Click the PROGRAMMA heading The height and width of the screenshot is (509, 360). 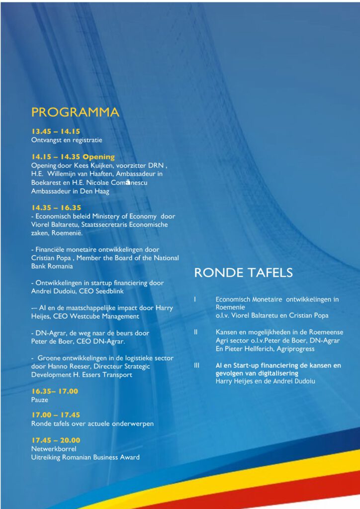(x=75, y=112)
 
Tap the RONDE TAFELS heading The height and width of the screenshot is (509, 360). (x=243, y=273)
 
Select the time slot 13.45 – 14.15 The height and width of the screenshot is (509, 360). (x=56, y=132)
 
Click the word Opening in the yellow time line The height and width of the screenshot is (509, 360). (x=98, y=157)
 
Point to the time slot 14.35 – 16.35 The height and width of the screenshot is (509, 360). (x=56, y=208)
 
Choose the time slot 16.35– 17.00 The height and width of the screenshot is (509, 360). (x=55, y=391)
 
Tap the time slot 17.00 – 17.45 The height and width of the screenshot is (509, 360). (x=56, y=415)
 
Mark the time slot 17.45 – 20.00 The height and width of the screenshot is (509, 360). (x=56, y=440)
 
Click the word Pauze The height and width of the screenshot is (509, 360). (x=40, y=399)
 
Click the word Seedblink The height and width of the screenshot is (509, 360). (x=108, y=291)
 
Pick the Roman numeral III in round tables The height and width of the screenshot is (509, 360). (x=197, y=365)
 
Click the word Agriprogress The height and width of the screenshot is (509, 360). (x=295, y=349)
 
